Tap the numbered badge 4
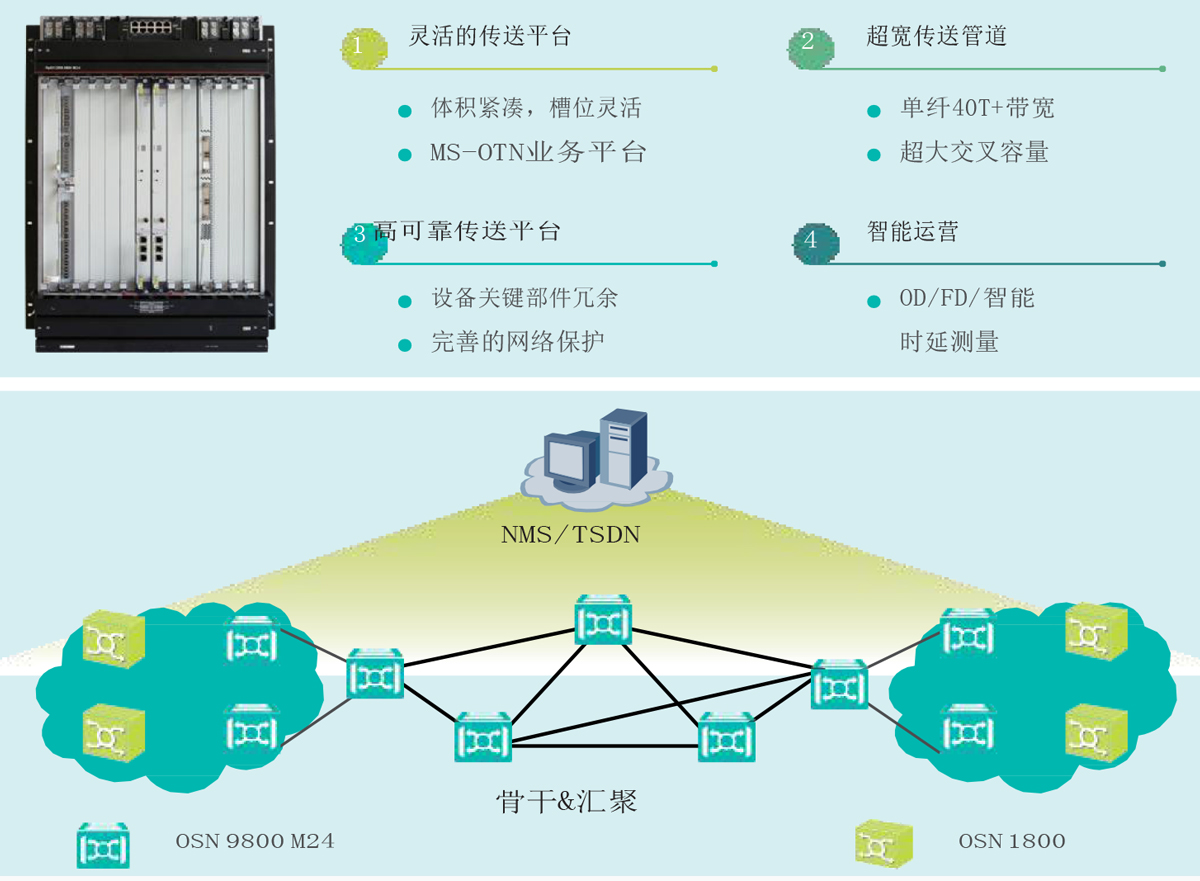[811, 241]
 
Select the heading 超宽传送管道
[936, 38]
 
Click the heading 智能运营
[912, 232]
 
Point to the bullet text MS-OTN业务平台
[538, 153]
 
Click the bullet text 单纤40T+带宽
[977, 109]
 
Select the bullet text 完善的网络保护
[518, 342]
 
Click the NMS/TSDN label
[570, 536]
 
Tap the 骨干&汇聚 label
[566, 801]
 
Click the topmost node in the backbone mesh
[603, 620]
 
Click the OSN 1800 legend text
[1011, 841]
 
